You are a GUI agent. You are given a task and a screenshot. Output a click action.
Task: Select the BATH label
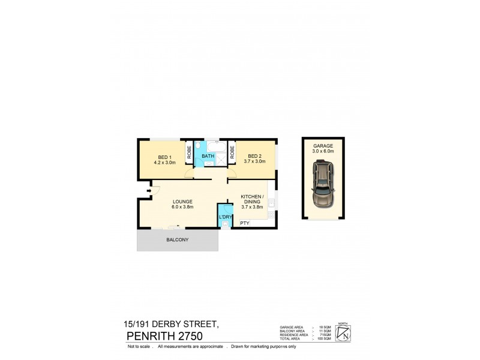[x=208, y=157]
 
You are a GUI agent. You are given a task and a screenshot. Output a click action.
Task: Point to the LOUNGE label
[x=182, y=201]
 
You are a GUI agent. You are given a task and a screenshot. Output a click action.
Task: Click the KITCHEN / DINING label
[x=252, y=200]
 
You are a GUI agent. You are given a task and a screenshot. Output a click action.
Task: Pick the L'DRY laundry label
[x=226, y=217]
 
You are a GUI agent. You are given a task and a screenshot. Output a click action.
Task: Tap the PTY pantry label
[x=245, y=223]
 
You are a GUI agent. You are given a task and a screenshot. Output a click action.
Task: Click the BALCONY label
[x=178, y=240]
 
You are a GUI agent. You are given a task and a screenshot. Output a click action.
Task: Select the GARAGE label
[x=323, y=146]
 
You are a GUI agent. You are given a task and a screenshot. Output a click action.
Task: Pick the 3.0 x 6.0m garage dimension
[x=323, y=152]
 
